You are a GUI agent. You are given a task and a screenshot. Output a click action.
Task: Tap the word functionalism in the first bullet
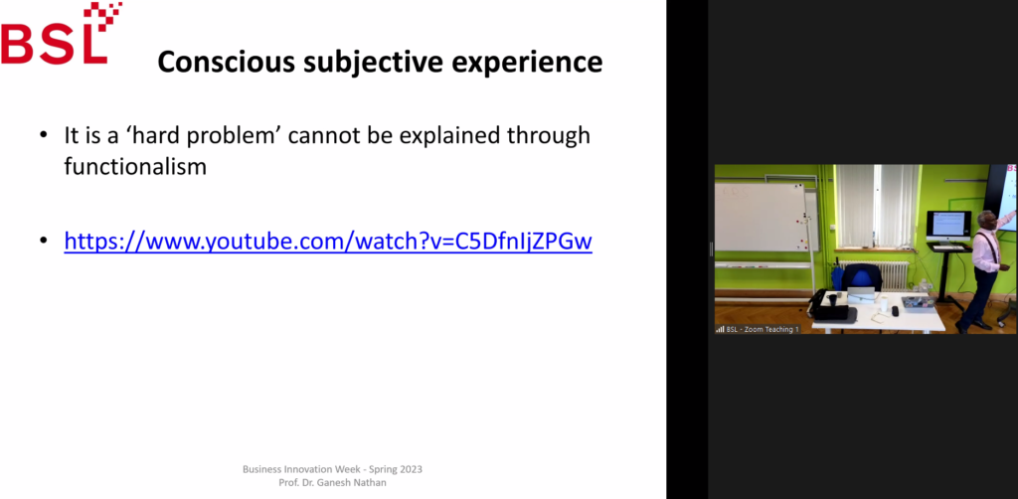pos(135,167)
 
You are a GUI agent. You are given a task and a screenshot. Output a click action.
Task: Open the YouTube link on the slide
pos(328,242)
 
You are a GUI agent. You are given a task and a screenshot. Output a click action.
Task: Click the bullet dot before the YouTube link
pos(44,242)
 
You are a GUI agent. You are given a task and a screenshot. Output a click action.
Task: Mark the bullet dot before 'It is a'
pos(44,135)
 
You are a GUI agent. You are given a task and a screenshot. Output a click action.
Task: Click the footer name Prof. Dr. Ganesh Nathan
pos(332,483)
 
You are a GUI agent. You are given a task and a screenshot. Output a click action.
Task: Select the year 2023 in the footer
pos(411,469)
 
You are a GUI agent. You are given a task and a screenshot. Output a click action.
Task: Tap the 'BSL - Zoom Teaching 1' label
pos(761,330)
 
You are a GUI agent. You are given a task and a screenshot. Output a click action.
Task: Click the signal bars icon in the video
pos(720,330)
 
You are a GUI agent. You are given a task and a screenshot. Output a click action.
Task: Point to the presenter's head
pos(987,220)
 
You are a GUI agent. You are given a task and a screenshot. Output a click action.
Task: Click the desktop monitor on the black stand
pos(947,226)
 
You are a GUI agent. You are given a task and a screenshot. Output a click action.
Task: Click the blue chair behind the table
pos(862,278)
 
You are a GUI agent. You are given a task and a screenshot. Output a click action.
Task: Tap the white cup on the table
pos(883,301)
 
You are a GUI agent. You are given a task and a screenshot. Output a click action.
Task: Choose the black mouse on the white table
pos(895,311)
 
